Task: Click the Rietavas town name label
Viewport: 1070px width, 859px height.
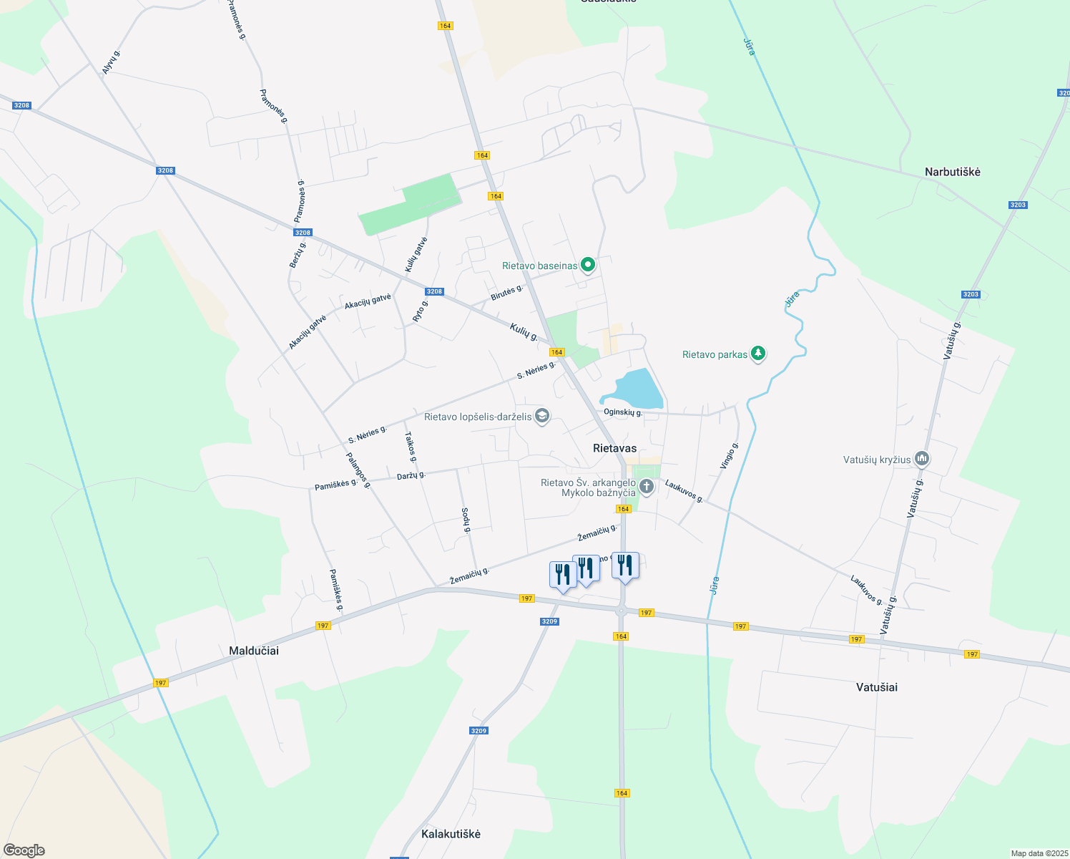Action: [614, 448]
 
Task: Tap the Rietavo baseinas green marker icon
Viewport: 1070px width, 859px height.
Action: [588, 265]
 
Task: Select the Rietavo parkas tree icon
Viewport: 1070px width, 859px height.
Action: [758, 354]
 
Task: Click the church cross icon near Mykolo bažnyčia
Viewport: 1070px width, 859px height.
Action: [646, 487]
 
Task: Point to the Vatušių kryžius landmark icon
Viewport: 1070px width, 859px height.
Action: [922, 459]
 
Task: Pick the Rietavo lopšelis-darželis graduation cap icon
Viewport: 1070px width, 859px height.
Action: [542, 416]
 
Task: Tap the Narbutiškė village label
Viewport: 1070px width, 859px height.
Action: [952, 173]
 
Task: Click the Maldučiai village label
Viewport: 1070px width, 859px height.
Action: [253, 651]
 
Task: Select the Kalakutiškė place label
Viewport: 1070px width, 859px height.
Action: [451, 834]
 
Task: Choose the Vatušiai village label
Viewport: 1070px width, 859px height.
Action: [876, 687]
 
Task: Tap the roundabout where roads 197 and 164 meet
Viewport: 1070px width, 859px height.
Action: [622, 611]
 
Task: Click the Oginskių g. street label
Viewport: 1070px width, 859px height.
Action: [623, 412]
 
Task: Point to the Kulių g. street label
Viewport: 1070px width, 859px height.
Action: [524, 331]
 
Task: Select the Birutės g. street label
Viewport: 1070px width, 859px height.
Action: [506, 293]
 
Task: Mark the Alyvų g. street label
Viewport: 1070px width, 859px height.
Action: [111, 62]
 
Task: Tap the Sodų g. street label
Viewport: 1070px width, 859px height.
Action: [465, 520]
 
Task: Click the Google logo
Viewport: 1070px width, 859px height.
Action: [24, 850]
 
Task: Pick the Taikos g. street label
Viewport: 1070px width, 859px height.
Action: [410, 446]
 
